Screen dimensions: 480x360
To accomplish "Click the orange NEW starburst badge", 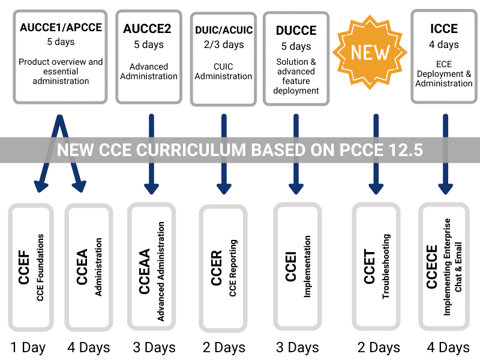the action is [370, 52].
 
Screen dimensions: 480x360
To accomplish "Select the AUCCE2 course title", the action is [147, 29].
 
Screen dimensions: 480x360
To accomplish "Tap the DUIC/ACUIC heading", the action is [224, 30].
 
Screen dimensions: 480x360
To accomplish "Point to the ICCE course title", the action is [444, 29].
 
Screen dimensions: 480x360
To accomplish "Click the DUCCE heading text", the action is [296, 31].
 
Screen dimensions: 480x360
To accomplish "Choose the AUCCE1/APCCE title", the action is [61, 28].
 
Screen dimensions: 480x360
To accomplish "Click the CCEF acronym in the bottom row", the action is [24, 267].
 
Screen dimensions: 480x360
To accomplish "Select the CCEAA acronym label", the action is [144, 271].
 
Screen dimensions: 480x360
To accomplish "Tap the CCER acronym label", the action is [216, 268].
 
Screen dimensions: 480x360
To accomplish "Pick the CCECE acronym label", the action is [431, 266].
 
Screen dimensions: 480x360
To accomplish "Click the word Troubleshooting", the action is [386, 266].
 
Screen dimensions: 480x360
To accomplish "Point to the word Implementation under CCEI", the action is [307, 266].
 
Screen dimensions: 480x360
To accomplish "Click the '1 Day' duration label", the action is [28, 348].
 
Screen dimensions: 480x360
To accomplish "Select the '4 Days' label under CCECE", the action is [448, 348].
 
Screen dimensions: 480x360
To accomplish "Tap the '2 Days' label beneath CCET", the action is [379, 348].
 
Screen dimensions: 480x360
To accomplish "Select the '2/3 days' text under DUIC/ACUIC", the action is [224, 44].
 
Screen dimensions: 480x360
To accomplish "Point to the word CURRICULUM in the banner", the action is [172, 150].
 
